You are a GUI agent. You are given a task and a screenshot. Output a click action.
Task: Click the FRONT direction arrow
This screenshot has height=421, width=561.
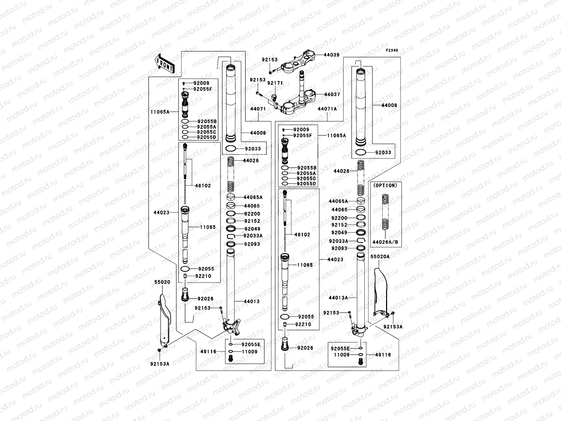(x=165, y=63)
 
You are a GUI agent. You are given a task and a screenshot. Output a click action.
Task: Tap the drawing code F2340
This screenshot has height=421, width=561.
(x=392, y=51)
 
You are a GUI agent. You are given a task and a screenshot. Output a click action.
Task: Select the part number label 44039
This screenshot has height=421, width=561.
(x=331, y=55)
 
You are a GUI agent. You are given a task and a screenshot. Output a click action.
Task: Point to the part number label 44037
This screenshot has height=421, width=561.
(x=332, y=95)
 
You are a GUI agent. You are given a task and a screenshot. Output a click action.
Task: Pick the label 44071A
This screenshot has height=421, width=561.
(x=327, y=109)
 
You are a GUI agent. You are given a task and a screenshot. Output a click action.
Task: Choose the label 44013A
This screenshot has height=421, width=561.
(x=338, y=298)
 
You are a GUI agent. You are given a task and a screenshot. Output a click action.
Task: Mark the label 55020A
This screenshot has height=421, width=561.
(x=380, y=257)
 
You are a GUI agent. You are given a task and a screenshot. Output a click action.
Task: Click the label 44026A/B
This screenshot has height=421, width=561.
(x=385, y=242)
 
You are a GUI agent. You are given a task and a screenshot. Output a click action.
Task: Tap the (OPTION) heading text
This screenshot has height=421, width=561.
(x=385, y=186)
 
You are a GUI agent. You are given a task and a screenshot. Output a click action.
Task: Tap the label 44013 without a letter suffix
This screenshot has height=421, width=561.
(x=251, y=301)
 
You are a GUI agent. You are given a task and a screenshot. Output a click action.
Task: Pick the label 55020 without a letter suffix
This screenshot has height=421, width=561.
(x=162, y=282)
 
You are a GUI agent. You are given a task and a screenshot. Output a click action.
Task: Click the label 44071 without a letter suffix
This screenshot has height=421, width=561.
(x=258, y=109)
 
